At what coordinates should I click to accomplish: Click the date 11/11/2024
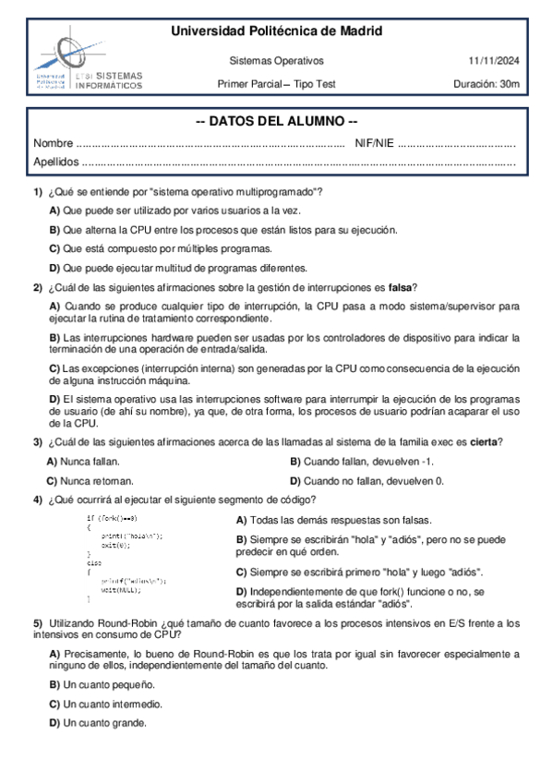(x=494, y=61)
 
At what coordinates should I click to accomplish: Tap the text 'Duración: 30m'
(x=487, y=84)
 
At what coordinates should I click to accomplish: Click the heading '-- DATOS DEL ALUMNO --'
(x=277, y=123)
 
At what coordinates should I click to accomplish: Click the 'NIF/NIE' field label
(x=374, y=144)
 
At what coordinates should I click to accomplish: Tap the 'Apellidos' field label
(x=56, y=163)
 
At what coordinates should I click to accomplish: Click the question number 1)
(x=38, y=191)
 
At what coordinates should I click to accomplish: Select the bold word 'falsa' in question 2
(x=399, y=286)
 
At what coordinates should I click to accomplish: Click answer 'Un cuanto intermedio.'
(x=105, y=704)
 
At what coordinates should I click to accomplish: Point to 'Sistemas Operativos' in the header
(x=276, y=61)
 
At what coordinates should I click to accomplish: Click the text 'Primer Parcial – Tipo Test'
(x=276, y=84)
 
